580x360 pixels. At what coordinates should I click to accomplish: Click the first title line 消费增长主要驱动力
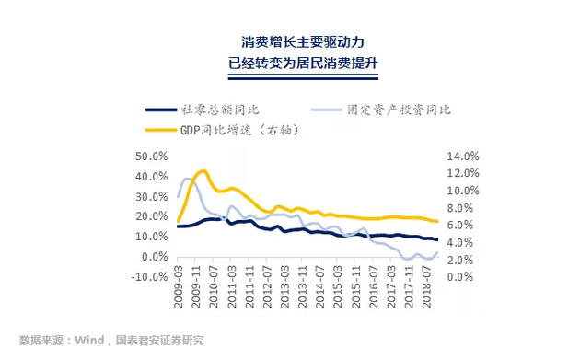(x=291, y=43)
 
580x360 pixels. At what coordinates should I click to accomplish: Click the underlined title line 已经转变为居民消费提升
(x=291, y=65)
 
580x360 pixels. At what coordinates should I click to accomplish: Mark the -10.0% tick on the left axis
(x=149, y=277)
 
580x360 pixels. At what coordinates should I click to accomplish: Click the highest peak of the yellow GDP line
(x=203, y=171)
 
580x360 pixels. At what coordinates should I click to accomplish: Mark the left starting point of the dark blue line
(x=178, y=226)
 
